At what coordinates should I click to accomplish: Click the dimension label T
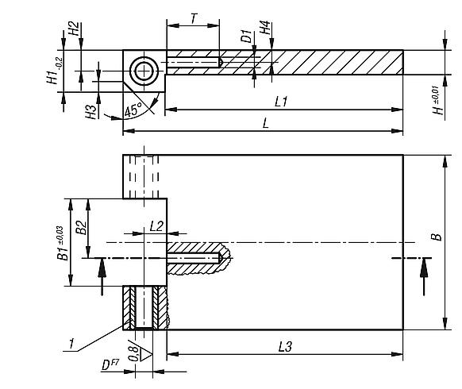tap(192, 17)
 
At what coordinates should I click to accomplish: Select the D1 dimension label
tap(247, 36)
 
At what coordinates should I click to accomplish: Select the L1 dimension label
tap(280, 102)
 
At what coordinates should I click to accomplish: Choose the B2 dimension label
tap(79, 227)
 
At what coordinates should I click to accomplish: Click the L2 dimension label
tap(156, 226)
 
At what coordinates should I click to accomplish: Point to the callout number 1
tap(72, 343)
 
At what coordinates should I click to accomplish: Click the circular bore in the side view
tap(144, 71)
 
